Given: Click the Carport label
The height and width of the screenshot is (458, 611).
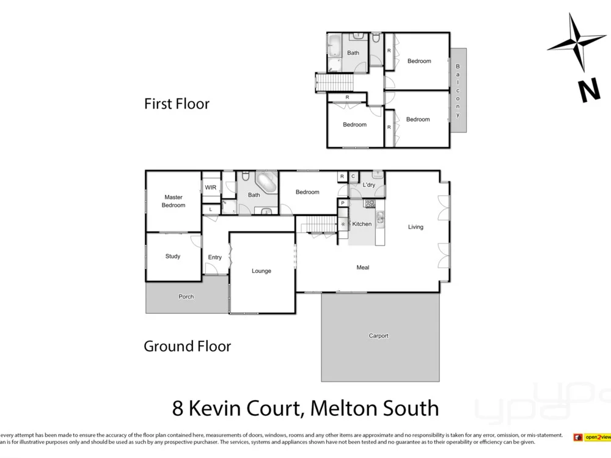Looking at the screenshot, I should pos(379,336).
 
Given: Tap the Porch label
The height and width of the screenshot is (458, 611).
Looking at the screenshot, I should pos(186,297).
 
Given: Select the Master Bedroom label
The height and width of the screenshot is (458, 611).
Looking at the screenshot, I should pos(174,202).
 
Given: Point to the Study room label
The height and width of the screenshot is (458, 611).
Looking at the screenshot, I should pos(173,256).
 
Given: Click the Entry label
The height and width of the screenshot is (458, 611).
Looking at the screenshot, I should pos(215,258).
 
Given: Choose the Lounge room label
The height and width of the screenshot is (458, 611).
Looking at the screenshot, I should pos(262,271).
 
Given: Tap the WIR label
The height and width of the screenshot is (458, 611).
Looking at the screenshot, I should pos(211,187).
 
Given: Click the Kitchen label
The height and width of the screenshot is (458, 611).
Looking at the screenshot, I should pos(362,224).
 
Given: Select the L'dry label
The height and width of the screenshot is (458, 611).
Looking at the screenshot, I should pos(369,184).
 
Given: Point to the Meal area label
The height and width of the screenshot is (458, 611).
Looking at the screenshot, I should pos(363,267).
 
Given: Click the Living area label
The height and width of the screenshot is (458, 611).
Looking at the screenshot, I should pos(415,227).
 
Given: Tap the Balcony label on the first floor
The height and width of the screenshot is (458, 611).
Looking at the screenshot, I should pos(458,90).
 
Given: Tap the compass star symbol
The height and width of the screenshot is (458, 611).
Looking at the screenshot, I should pos(577,42).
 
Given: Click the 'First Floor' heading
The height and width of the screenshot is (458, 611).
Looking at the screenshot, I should pos(177,104).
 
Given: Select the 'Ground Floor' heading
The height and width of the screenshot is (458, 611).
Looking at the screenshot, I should pos(187,346).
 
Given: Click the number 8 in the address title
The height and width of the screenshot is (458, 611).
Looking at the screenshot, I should pos(178,407).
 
